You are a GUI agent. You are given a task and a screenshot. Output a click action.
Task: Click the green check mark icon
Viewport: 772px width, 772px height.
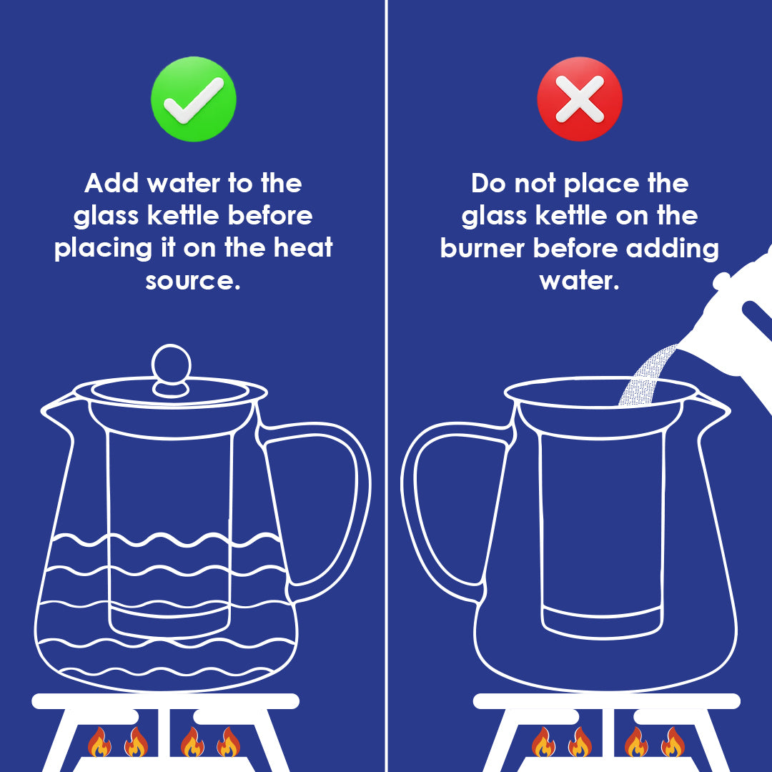[x=194, y=99]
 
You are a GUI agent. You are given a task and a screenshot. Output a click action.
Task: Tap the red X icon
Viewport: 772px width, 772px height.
[x=580, y=99]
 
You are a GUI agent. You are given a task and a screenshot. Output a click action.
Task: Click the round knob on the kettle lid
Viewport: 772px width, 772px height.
[x=171, y=365]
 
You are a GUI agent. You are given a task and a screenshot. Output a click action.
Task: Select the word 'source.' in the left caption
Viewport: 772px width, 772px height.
[x=193, y=281]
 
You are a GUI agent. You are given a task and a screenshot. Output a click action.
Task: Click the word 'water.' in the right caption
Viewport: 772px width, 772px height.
[x=580, y=281]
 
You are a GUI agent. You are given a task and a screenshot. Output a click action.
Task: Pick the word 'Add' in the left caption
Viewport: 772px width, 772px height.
[x=112, y=183]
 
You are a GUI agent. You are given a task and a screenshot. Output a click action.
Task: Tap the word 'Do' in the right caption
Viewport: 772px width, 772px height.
[x=489, y=183]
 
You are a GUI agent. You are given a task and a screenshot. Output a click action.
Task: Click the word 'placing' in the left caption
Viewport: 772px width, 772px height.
[x=104, y=249]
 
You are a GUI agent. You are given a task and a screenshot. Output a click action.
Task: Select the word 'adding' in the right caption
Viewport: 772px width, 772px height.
[x=673, y=249]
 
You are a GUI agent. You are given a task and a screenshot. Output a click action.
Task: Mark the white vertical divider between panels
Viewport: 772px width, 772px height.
[x=387, y=386]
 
